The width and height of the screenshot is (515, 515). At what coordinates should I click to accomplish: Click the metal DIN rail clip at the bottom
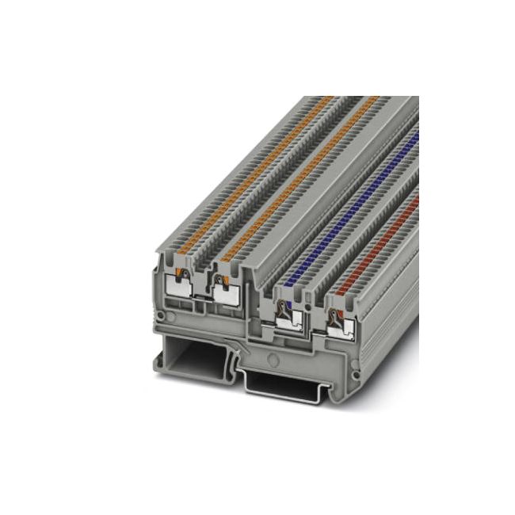point(277,385)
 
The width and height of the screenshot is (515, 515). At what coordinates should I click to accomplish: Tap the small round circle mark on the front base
point(273,357)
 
